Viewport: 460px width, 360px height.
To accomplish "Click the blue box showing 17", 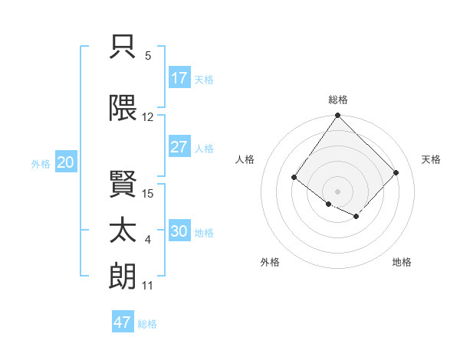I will pos(179,78).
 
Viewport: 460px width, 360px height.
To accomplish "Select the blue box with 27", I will pos(179,147).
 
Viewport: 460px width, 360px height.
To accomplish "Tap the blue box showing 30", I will pos(179,231).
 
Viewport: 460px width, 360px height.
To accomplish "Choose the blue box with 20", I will pos(66,162).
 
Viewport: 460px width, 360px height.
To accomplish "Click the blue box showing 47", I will pos(123,322).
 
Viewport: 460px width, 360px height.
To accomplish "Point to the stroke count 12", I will pos(148,117).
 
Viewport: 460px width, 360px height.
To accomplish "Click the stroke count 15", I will pos(148,194).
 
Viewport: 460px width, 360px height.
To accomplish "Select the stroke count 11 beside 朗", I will pos(148,286).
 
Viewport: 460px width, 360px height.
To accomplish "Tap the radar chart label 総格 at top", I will pos(338,100).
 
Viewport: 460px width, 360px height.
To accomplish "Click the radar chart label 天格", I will pos(431,159).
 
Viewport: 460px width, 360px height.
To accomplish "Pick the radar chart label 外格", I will pos(270,262).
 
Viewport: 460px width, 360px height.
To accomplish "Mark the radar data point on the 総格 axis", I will pos(338,116).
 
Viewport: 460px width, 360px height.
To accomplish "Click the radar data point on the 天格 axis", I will pos(396,172).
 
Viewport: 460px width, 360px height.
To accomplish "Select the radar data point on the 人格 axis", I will pos(294,178).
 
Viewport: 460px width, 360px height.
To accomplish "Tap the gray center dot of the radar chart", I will pos(338,191).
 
